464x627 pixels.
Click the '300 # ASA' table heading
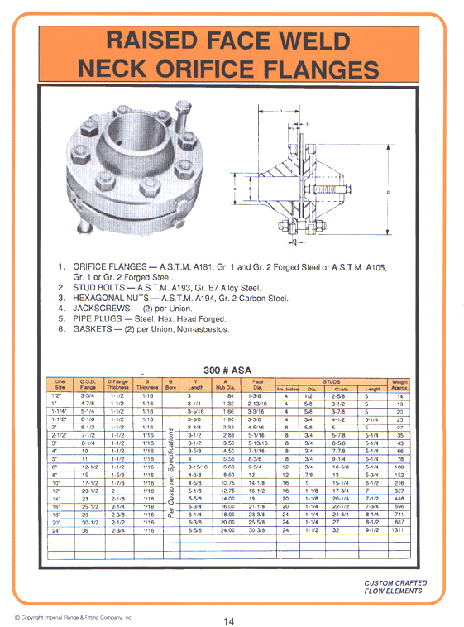(x=227, y=370)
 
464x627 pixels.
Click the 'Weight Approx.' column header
(x=399, y=384)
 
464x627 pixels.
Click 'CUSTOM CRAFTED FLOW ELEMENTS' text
(x=395, y=587)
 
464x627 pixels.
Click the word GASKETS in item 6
(x=96, y=329)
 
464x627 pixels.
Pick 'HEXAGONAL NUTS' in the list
(x=114, y=299)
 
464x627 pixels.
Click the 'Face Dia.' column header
(x=257, y=384)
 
